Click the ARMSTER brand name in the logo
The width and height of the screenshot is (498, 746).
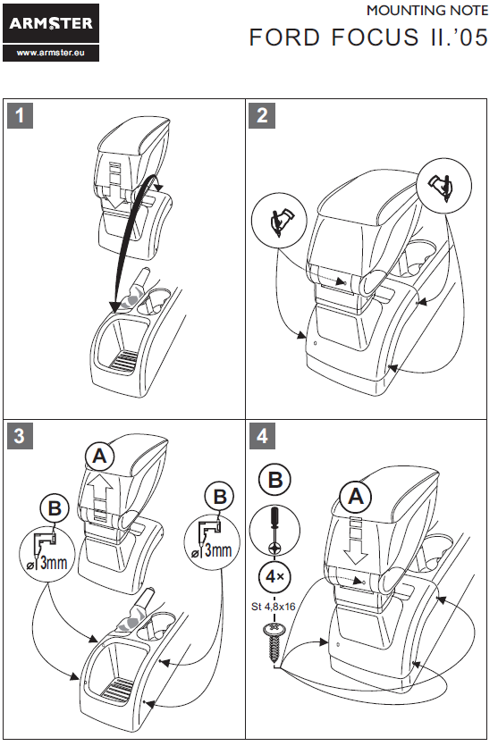coord(51,23)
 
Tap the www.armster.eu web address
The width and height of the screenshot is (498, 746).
coord(51,53)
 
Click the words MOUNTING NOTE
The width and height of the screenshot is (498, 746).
coord(427,11)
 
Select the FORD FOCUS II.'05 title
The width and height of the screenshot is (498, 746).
coord(368,38)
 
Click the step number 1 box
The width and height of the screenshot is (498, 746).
coord(20,115)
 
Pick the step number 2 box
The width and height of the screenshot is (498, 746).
coord(262,115)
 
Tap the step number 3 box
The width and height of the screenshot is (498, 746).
coord(20,436)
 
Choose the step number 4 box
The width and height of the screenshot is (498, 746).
coord(262,436)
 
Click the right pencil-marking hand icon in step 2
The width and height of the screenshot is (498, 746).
coord(443,186)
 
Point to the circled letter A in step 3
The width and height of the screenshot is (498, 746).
coord(99,457)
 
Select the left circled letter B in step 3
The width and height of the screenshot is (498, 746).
coord(55,508)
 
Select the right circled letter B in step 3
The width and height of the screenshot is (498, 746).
coord(219,496)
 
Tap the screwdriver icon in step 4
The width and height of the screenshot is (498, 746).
coord(274,531)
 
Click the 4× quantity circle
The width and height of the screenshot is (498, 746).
coord(274,576)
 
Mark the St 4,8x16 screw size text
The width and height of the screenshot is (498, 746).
coord(274,607)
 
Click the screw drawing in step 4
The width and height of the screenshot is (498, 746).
coord(274,641)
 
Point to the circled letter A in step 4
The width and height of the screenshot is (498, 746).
coord(356,497)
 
